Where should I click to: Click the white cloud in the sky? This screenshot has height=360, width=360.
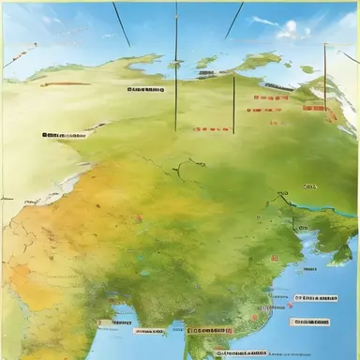(292, 30)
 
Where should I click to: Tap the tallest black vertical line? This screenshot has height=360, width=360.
(175, 66)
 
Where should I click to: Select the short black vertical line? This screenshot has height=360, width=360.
(233, 105)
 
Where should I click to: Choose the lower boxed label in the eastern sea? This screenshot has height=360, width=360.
(310, 322)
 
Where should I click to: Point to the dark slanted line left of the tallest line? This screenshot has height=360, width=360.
(120, 23)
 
